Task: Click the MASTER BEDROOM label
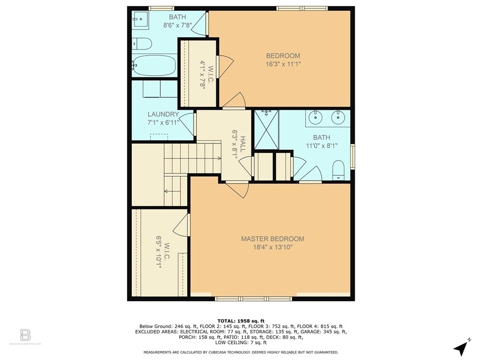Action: pos(272,238)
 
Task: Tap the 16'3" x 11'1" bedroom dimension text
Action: pos(283,64)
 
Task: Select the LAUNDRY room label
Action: pos(163,114)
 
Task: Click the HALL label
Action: pos(243,144)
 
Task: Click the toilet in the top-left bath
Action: pos(142,44)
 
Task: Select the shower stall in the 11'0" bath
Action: pos(266,130)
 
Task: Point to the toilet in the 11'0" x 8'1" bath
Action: pos(338,170)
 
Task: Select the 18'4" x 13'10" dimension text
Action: pos(272,247)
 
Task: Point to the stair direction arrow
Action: pos(169,191)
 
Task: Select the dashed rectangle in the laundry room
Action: pos(159,137)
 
